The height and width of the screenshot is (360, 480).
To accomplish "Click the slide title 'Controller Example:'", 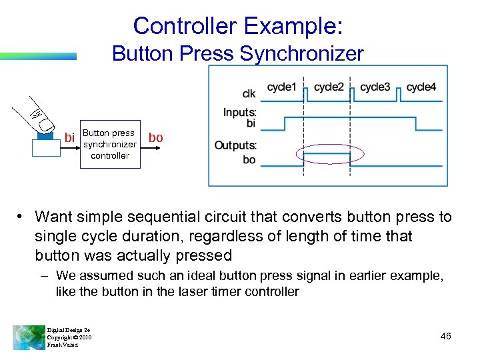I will [x=238, y=25].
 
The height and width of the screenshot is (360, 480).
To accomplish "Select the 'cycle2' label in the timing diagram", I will [x=329, y=87].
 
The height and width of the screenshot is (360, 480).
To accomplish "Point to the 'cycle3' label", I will [x=375, y=87].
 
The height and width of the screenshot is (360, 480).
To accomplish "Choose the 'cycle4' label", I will [x=421, y=87].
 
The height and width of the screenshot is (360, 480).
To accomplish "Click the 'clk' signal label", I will [x=248, y=93].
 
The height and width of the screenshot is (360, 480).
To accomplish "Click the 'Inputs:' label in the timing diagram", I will [x=239, y=113].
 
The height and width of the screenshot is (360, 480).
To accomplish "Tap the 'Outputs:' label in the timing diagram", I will [x=235, y=145].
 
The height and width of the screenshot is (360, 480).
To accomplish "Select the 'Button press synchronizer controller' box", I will [x=109, y=144].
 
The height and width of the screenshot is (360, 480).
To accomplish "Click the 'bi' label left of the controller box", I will [x=69, y=138].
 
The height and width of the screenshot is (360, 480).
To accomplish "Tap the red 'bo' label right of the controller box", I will [x=155, y=137].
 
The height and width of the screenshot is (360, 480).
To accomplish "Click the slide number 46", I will [x=446, y=336].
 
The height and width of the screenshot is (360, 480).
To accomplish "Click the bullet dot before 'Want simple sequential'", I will [x=22, y=217].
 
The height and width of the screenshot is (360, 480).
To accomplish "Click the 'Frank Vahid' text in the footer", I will [x=62, y=345].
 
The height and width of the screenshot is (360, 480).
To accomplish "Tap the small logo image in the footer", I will [x=28, y=337].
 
